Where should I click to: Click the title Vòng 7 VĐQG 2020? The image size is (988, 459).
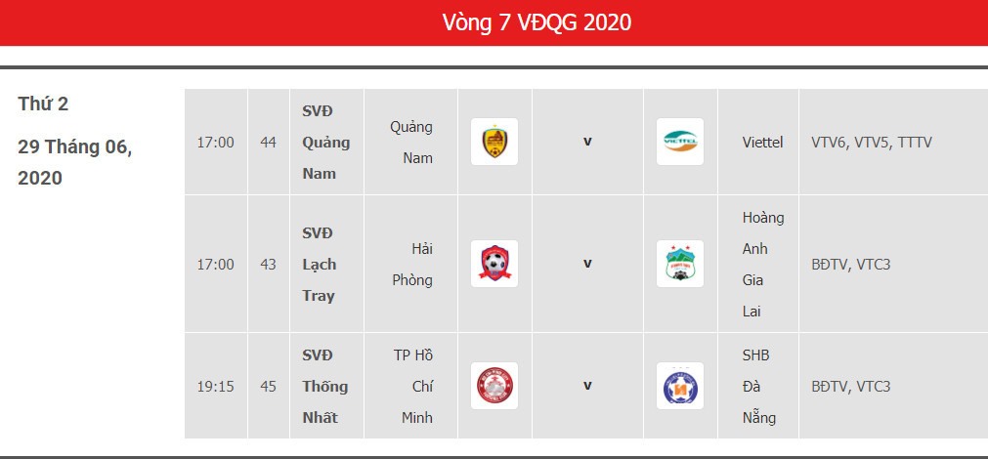[x=537, y=22]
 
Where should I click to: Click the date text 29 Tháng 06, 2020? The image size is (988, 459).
[x=75, y=162]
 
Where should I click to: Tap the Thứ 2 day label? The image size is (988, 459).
[x=43, y=104]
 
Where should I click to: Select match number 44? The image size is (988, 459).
[x=269, y=143]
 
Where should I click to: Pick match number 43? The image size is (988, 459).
[x=269, y=265]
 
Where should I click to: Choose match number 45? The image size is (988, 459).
[x=269, y=386]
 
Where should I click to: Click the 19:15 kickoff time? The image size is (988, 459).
[x=216, y=386]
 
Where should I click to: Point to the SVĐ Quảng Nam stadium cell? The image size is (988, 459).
[x=325, y=143]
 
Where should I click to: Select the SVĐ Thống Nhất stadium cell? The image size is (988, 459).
[x=325, y=386]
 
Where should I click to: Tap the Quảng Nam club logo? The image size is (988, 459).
[x=494, y=142]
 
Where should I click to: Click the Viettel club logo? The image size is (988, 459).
[x=680, y=142]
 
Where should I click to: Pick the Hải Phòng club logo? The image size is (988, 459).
[x=494, y=264]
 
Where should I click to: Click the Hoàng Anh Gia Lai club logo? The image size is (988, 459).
[x=680, y=264]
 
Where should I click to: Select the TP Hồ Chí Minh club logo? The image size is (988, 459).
[x=494, y=386]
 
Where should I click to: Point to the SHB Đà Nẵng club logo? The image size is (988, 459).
[x=680, y=386]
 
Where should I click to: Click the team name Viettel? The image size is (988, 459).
[x=762, y=143]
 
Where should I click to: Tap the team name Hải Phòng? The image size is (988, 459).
[x=412, y=265]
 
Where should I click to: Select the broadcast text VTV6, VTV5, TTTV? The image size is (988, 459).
[x=872, y=143]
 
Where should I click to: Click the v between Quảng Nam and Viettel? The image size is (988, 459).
[x=587, y=142]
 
